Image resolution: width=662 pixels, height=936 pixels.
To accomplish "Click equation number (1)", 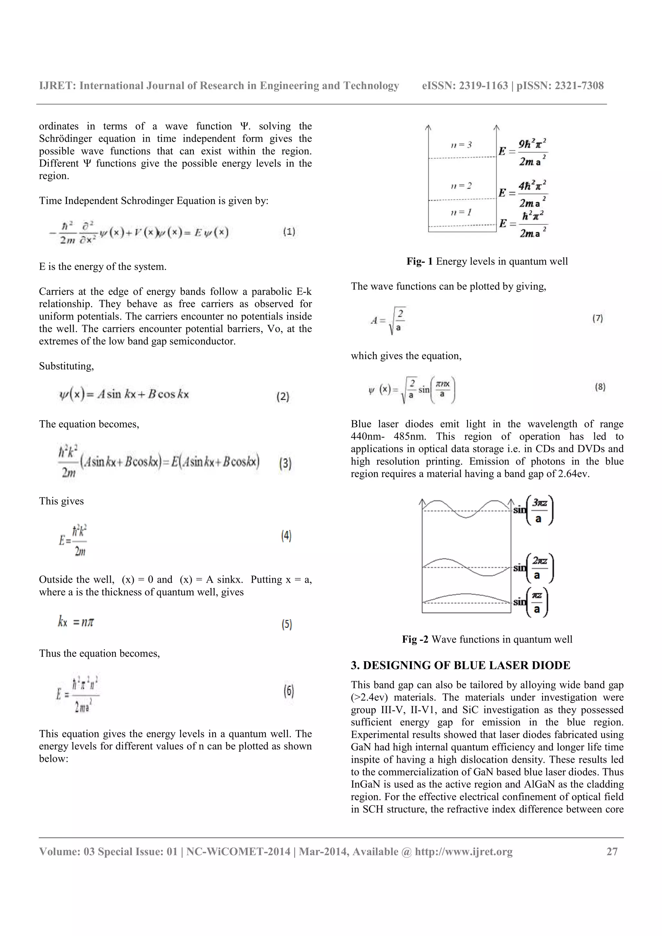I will point(289,232).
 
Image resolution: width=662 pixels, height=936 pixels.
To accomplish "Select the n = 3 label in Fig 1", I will point(461,145).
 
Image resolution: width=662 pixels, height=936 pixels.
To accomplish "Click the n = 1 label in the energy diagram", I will point(461,212).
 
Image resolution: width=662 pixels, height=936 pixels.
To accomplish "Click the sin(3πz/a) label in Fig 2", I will point(533,510).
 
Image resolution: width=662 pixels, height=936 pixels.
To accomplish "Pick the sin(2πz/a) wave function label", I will point(533,568).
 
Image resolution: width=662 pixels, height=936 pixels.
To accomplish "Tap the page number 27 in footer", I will point(612,852).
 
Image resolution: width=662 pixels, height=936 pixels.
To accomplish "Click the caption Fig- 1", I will point(419,261).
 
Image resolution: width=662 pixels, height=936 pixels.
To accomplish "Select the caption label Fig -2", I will point(415,639).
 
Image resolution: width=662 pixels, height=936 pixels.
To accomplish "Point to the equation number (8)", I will point(600,387).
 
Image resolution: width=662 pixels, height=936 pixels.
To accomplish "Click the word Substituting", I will point(66,366).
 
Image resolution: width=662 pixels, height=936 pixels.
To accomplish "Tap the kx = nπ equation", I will point(76,622).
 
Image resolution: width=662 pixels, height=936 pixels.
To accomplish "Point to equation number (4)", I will point(286,535).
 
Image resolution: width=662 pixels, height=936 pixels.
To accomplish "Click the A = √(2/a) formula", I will point(388,321).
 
